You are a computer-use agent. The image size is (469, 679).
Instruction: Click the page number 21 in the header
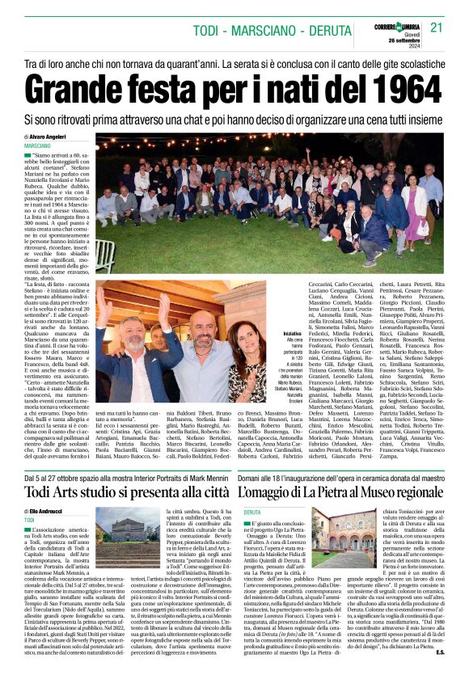pyautogui.click(x=437, y=27)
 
